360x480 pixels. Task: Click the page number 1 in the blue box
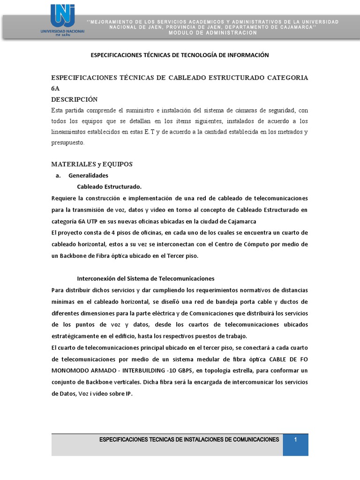tap(295, 439)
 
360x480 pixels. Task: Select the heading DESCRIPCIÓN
tap(74, 99)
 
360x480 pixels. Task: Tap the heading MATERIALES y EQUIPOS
tap(92, 164)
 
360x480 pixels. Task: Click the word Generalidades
tap(88, 175)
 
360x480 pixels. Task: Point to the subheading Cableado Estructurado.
tap(109, 187)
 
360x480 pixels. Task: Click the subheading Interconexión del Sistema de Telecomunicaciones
tap(145, 278)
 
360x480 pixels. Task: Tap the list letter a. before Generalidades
tap(58, 175)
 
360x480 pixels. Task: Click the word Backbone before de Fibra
tap(71, 255)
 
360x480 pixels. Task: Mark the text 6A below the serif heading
tap(55, 88)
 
